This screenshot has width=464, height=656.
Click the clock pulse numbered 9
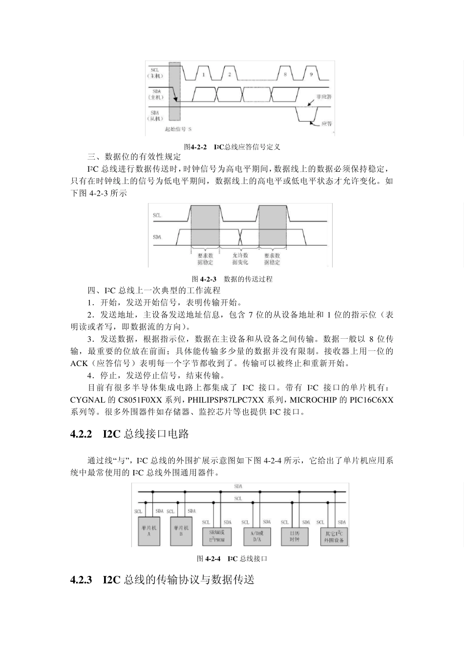tap(311, 74)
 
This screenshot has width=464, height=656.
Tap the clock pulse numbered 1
tap(203, 74)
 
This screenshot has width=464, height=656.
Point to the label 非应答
tap(324, 97)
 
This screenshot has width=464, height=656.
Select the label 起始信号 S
tap(178, 129)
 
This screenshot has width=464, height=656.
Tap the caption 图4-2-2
tap(195, 146)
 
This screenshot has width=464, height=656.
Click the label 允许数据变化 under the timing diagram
tap(240, 259)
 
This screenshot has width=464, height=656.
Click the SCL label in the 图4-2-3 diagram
tap(157, 215)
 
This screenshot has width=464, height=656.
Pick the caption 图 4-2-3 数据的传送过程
tap(232, 279)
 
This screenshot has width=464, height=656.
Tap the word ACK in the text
tap(79, 363)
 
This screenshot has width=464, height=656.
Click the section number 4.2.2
tap(82, 434)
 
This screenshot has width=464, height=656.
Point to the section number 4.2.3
tap(82, 580)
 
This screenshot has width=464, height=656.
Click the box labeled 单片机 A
tap(149, 531)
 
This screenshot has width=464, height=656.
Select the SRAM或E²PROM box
tap(216, 535)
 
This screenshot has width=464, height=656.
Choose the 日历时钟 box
tap(295, 535)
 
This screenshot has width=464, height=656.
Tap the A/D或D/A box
tap(257, 535)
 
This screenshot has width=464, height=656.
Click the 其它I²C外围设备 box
tap(334, 536)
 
